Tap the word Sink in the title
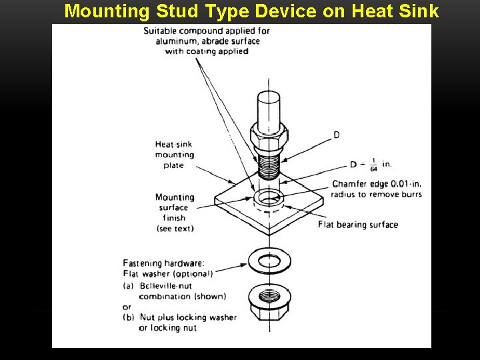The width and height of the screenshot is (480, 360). click(413, 11)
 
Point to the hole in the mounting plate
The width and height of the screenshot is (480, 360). click(268, 198)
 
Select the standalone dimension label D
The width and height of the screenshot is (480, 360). click(336, 135)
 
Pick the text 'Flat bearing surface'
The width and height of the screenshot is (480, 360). click(358, 224)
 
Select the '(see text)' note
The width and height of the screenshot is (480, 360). click(174, 228)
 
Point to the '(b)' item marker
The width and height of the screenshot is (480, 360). click(129, 317)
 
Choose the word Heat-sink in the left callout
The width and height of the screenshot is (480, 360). click(174, 144)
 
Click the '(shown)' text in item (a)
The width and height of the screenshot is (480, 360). click(211, 296)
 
